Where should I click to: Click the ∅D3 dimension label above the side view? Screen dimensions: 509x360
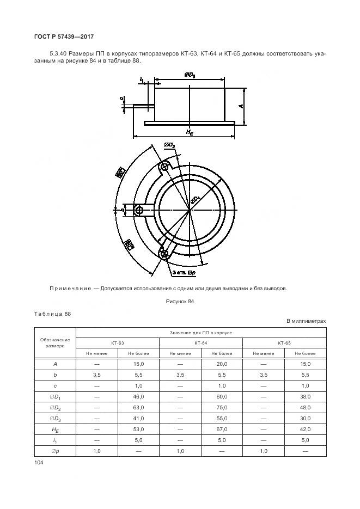click(x=190, y=76)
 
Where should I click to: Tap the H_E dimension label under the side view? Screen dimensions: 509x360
click(x=189, y=132)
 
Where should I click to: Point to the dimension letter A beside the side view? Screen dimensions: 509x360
click(x=240, y=106)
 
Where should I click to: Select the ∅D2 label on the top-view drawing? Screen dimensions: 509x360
click(x=169, y=145)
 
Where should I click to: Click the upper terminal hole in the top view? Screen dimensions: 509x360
click(x=164, y=167)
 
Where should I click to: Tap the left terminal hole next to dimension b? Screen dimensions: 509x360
click(x=139, y=210)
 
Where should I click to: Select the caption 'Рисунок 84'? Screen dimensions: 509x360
click(x=180, y=301)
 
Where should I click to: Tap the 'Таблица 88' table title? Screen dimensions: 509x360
click(x=52, y=314)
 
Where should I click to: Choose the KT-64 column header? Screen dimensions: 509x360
click(x=201, y=343)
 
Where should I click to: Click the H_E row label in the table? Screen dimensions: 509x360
click(x=55, y=429)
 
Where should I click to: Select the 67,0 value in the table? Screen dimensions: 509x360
click(x=222, y=429)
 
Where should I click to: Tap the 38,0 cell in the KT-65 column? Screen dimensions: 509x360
click(x=304, y=396)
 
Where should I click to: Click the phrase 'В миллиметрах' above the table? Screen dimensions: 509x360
click(x=306, y=321)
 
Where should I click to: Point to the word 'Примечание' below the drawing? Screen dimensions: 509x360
click(x=70, y=289)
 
